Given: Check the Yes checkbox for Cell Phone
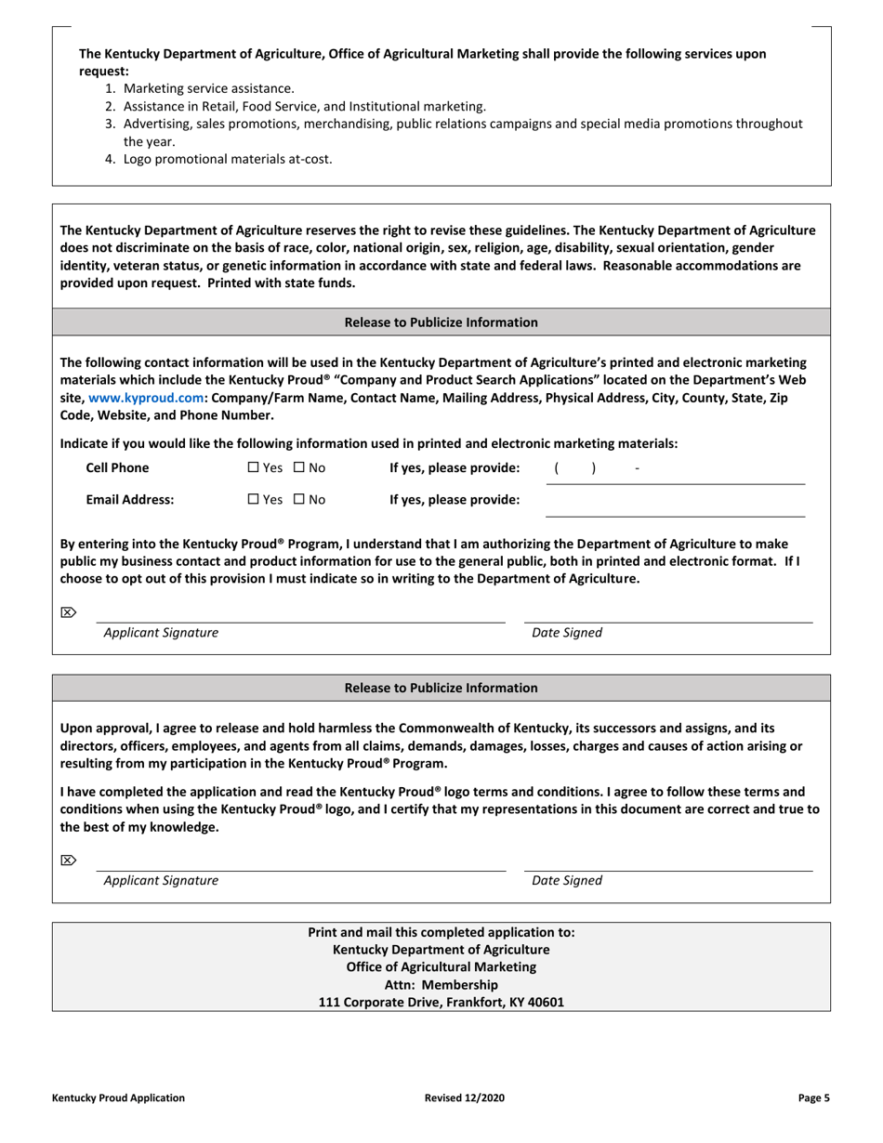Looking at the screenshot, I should point(253,468).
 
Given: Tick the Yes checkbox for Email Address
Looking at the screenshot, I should point(253,500).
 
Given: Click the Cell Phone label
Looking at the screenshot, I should point(117,468).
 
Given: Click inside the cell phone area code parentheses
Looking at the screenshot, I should point(574,468).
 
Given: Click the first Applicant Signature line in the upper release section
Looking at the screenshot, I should point(300,614).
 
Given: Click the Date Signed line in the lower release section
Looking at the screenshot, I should point(667,863).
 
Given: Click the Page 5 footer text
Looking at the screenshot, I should point(813,1098).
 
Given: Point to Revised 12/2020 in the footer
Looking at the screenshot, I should point(465,1098).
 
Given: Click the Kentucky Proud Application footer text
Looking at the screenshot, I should point(118,1098).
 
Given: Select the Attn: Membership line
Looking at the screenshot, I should point(441,985).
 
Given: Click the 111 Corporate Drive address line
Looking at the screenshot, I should point(441,1003).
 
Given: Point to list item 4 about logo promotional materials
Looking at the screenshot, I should point(227,159).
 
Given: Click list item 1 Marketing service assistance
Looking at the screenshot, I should point(208,89).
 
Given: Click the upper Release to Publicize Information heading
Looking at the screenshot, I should point(441,322).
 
